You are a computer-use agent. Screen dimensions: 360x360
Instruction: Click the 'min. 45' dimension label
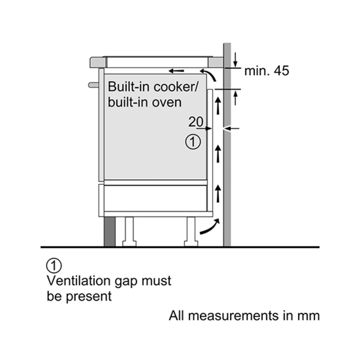(266, 71)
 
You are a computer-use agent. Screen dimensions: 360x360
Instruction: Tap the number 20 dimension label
(196, 122)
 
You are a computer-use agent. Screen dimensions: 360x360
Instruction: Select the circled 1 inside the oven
(193, 142)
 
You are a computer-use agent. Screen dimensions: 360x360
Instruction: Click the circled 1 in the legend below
(54, 266)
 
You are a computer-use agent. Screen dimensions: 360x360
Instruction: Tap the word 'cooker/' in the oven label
(176, 86)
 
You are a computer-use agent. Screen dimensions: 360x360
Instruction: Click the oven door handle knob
(94, 85)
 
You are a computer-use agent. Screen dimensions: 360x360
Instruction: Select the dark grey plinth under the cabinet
(110, 231)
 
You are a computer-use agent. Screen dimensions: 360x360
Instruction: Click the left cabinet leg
(129, 231)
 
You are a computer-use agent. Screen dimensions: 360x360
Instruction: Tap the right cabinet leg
(191, 231)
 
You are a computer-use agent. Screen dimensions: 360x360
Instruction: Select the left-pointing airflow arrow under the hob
(176, 71)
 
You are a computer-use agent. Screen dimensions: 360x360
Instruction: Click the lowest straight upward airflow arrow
(218, 194)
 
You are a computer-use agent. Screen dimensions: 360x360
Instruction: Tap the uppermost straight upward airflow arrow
(218, 105)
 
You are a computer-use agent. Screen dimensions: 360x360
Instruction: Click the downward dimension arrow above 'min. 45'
(235, 60)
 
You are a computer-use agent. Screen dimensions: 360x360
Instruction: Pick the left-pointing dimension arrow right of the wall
(231, 129)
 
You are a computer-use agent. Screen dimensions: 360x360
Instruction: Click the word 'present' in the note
(89, 297)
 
